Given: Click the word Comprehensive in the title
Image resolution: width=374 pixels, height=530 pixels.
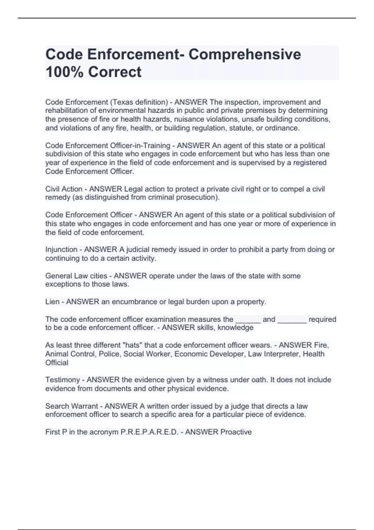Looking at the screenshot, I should point(245,55).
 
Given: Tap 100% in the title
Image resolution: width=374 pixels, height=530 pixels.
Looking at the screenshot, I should point(65,72).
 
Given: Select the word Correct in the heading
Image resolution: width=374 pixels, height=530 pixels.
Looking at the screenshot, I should point(115,72).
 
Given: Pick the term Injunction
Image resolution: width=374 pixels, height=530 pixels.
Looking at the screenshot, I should point(61,250).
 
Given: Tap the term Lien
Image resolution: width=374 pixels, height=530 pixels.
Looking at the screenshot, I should point(52,302).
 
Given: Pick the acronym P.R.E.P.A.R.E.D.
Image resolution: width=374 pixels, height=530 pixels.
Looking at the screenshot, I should point(149,432).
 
